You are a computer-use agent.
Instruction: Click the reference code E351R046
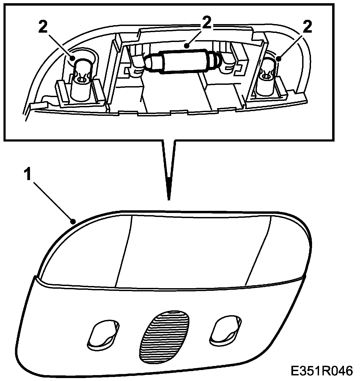pos(321,371)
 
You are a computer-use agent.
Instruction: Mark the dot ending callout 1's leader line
pos(72,221)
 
